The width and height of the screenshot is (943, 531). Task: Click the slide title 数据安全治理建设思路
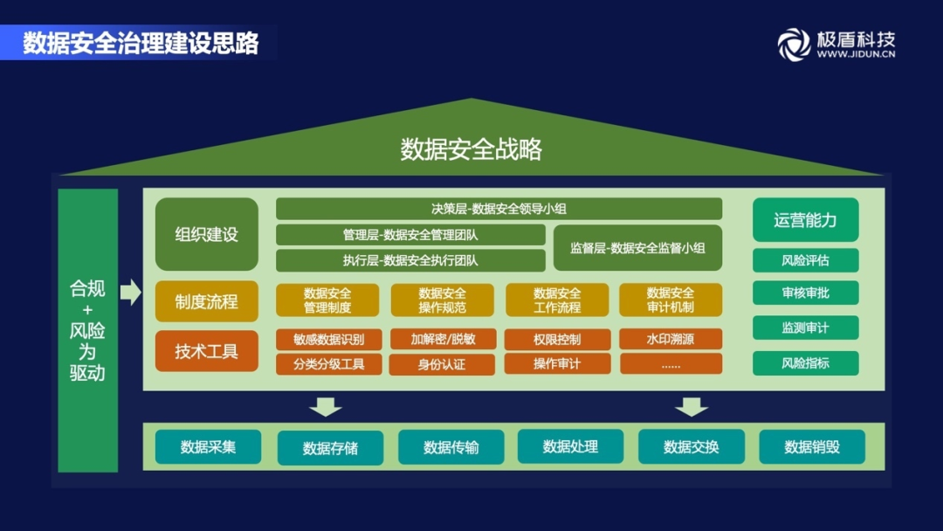[x=141, y=43]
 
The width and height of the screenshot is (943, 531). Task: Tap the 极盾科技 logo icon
[x=794, y=44]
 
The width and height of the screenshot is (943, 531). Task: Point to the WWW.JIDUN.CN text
[x=856, y=54]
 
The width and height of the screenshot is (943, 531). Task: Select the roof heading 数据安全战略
[x=471, y=149]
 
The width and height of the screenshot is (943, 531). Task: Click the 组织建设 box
[x=207, y=234]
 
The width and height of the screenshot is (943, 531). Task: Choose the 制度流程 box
[x=207, y=301]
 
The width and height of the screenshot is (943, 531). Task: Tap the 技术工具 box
[x=207, y=351]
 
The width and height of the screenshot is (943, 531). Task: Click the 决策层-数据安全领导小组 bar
[x=499, y=209]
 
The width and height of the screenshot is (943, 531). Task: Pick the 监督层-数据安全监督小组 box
[x=637, y=247]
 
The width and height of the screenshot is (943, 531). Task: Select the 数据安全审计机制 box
[x=671, y=300]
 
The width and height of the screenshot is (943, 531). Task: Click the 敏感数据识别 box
[x=328, y=339]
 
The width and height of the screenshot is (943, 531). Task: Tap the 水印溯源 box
[x=671, y=339]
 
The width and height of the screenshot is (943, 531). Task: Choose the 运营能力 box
[x=805, y=220]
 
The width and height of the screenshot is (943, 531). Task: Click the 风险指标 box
[x=805, y=363]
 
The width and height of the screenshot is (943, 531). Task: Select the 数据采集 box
[x=208, y=447]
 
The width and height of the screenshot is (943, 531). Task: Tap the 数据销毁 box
[x=812, y=447]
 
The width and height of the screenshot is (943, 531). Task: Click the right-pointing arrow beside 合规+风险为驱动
[x=130, y=292]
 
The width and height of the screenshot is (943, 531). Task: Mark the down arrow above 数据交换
[x=692, y=406]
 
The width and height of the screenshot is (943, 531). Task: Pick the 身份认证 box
[x=442, y=364]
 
